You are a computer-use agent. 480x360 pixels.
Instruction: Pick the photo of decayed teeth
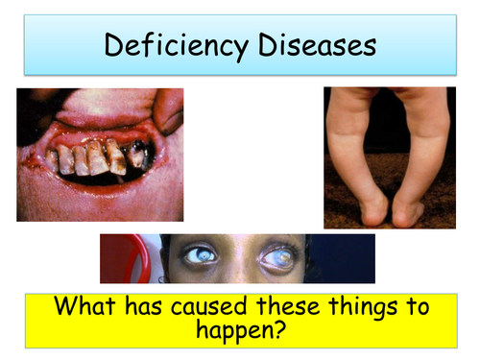tap(100, 154)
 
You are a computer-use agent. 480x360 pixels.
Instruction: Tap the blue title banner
tap(240, 45)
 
